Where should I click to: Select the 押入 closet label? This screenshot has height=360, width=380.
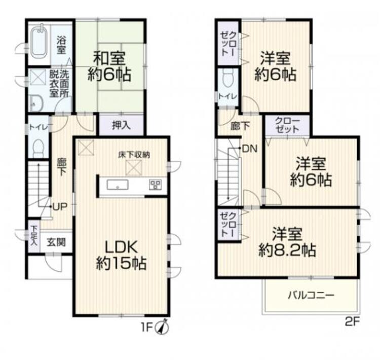(x=122, y=125)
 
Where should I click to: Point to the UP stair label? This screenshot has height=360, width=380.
(x=60, y=207)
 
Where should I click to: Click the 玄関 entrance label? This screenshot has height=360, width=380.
(x=56, y=242)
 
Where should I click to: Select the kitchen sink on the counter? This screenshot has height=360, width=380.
(x=118, y=185)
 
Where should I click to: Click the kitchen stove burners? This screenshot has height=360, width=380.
(x=156, y=185)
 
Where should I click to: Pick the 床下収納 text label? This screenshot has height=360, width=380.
(x=134, y=155)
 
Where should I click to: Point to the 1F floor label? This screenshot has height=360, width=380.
(x=146, y=328)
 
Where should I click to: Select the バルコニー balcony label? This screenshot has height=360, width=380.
(x=311, y=296)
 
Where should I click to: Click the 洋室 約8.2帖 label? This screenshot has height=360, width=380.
(x=287, y=242)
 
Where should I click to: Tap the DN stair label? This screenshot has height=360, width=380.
(x=250, y=149)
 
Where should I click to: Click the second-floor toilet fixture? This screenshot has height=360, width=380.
(x=228, y=78)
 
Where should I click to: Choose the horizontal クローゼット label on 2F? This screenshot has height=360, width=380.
(x=287, y=125)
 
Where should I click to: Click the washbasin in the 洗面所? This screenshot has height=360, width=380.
(x=35, y=103)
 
